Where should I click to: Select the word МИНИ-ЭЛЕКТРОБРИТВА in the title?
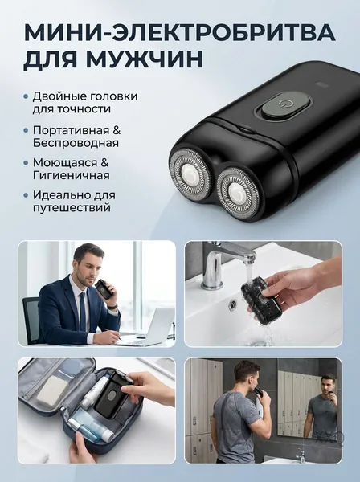[179, 32]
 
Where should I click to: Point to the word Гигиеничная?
[72, 175]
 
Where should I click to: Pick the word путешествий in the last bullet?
[72, 208]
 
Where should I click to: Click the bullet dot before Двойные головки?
[27, 97]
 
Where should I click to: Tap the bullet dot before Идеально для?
[27, 195]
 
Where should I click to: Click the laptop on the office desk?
[150, 326]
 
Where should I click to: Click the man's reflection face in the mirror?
[326, 386]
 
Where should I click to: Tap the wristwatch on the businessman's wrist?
[112, 306]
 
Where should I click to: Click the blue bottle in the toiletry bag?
[85, 427]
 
